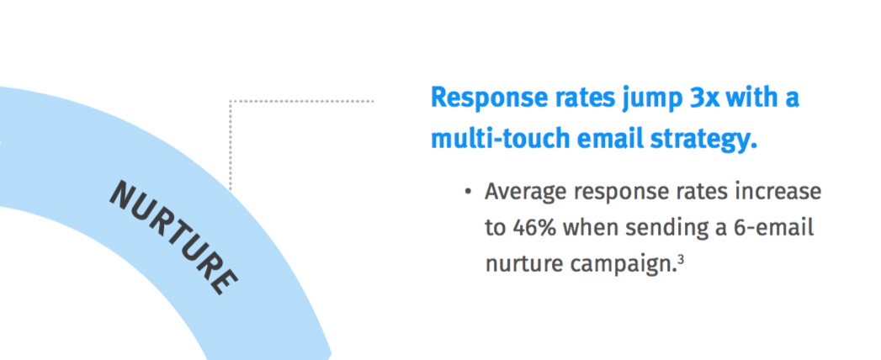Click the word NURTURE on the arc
tap(173, 237)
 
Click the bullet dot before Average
tap(468, 192)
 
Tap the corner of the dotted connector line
tap(231, 102)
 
